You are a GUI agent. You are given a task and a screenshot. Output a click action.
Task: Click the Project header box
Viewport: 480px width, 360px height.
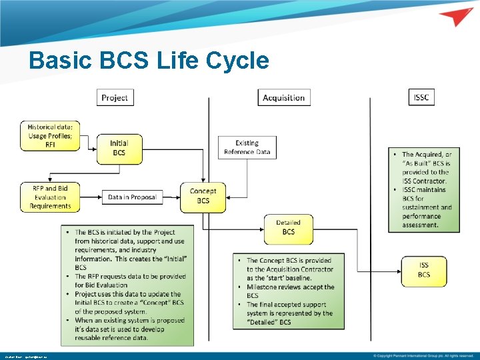pos(115,97)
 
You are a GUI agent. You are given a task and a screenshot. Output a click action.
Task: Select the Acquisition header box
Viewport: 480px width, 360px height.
pos(284,97)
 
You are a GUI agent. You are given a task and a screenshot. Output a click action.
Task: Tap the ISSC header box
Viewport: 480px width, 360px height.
pos(421,97)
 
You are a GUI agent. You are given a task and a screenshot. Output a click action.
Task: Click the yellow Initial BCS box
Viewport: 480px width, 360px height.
pos(119,148)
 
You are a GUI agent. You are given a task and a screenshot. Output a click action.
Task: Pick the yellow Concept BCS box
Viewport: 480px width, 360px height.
pos(203,196)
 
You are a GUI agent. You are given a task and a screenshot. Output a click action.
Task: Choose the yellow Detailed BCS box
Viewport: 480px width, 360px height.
pos(288,227)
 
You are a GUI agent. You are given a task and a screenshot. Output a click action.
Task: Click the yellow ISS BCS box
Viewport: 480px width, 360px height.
pos(424,270)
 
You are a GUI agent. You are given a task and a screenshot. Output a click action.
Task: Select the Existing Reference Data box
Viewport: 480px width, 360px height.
pos(247,147)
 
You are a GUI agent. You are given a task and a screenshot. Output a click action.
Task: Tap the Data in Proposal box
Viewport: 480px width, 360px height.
pos(132,197)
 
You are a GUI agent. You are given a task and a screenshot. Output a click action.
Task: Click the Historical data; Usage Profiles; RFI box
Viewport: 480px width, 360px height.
pos(50,136)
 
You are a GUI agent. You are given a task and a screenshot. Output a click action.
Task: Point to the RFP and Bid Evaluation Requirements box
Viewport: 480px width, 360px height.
pos(50,197)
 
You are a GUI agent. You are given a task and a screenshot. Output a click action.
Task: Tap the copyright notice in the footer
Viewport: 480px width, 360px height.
pos(423,355)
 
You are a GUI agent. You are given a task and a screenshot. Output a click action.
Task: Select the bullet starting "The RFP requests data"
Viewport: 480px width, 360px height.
pos(131,281)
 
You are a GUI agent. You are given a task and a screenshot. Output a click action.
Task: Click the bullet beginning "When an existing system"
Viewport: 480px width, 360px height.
pos(131,329)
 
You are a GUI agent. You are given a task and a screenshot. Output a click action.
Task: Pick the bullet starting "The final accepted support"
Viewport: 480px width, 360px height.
pos(290,313)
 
